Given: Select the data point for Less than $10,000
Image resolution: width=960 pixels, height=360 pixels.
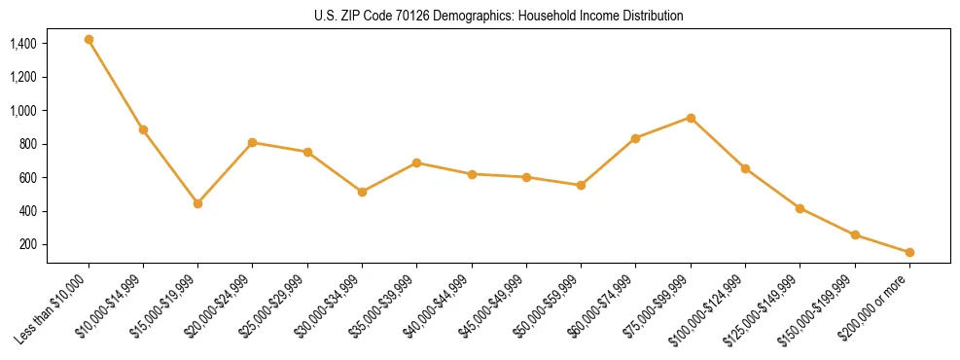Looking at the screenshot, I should pos(89,40).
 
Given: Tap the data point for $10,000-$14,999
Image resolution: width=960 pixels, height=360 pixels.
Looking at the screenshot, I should pos(143,129).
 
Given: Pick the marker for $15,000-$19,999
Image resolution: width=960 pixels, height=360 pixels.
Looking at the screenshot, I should pos(197,203).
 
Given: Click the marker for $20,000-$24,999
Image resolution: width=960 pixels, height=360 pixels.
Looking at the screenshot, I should pos(253,142).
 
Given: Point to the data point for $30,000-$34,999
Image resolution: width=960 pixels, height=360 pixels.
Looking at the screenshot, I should pos(362,192).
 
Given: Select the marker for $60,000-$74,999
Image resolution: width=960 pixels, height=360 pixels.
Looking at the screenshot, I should pos(636,138).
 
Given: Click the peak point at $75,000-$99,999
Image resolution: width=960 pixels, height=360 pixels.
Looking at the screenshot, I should pos(691,118).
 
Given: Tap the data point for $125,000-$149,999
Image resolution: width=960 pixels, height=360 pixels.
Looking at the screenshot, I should pos(800,208).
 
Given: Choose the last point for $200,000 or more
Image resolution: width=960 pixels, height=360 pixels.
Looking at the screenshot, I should pos(909,252).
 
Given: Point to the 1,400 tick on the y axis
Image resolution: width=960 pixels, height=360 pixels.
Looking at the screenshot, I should pos(22,44).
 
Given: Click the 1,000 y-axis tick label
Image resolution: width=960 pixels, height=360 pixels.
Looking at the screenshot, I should pos(22,111).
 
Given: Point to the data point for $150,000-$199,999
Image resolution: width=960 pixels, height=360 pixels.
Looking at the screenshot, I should pos(855,234).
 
